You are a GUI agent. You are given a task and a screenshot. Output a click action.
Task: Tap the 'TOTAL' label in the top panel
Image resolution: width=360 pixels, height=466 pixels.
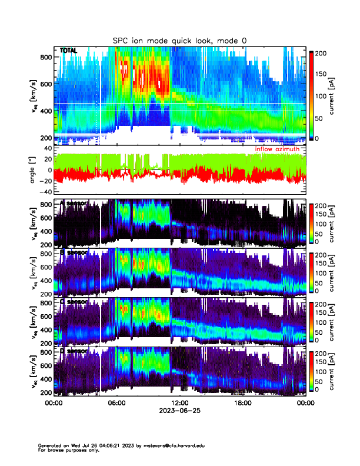coord(68,51)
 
